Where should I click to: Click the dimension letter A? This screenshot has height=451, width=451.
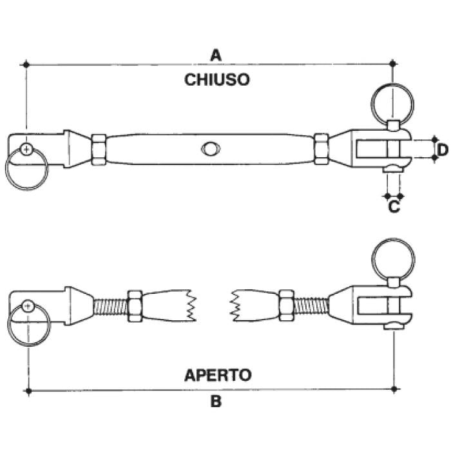point(216,55)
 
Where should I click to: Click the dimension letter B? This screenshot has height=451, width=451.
point(216,401)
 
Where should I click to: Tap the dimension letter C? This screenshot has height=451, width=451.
point(394,207)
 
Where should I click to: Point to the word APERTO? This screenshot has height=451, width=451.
point(218,374)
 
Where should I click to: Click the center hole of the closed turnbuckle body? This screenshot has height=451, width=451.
point(209,148)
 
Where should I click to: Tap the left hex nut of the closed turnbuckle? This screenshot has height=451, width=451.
point(99,150)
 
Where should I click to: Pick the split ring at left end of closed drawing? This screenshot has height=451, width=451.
point(26,169)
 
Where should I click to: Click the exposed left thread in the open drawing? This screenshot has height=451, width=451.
point(110,305)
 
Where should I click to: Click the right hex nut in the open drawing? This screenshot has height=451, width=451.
point(286,304)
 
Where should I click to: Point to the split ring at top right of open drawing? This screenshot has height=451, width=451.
point(393,258)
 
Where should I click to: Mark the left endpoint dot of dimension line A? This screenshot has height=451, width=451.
point(26,64)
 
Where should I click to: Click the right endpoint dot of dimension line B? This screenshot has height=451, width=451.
point(394,389)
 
